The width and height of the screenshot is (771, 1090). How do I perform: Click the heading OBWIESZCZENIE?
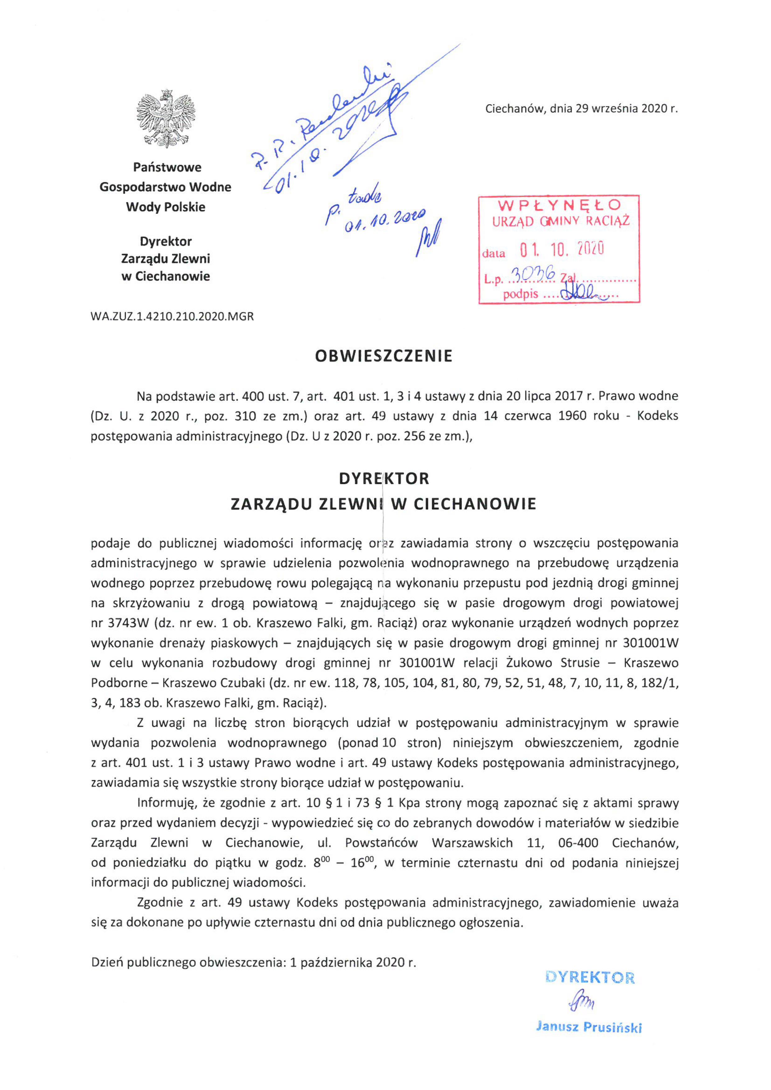pos(383,356)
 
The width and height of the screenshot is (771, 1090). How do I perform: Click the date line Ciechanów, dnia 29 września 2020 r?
pos(581,109)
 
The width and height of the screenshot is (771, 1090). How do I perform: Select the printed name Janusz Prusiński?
pos(589,1027)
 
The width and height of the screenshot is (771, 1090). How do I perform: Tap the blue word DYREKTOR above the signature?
pos(590,978)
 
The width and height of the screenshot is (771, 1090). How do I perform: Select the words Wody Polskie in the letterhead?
pos(166,207)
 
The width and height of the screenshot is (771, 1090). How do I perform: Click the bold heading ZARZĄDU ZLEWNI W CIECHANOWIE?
pos(383,504)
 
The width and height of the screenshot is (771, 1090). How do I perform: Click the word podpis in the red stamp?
pos(520,294)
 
